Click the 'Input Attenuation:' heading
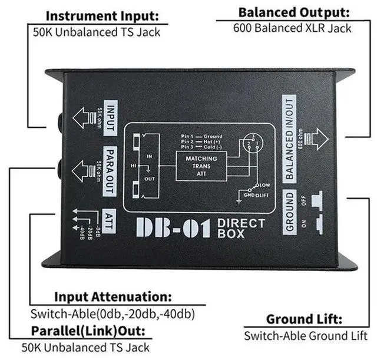113,296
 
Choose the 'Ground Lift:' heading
304,320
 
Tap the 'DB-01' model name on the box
172,227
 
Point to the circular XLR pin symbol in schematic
250,143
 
